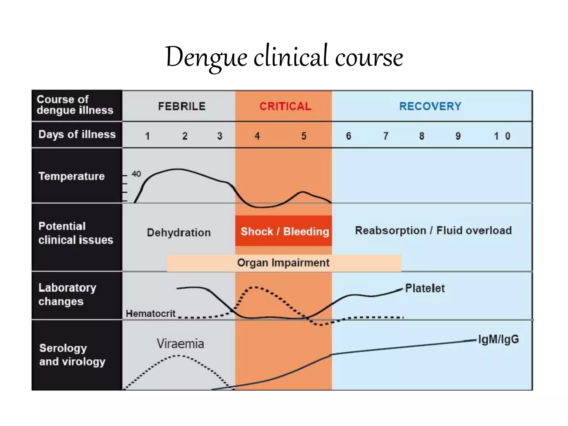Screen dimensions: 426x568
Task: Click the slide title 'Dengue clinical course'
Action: pos(284,57)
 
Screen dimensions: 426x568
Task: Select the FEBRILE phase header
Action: pos(182,106)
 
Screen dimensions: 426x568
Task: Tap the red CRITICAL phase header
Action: pos(285,106)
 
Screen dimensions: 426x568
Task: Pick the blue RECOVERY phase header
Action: pos(430,106)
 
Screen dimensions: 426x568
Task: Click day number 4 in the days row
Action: pos(257,136)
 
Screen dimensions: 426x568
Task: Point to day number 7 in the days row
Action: pos(386,136)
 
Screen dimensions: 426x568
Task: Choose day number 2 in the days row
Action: pos(185,136)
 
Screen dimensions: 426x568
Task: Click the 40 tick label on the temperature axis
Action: pos(136,174)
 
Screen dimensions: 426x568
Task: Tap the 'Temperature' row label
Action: pos(72,176)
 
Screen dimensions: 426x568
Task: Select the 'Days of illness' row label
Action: pos(77,134)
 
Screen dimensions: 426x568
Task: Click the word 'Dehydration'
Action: pos(179,232)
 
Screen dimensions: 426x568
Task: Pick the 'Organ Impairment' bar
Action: pos(283,263)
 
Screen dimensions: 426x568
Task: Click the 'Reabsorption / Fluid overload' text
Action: pos(433,230)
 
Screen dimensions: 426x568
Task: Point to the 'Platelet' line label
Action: pos(425,288)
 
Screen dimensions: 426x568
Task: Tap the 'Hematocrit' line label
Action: pos(151,313)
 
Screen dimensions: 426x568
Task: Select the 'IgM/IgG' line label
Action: pos(498,339)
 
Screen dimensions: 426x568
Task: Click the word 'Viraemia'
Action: pos(180,344)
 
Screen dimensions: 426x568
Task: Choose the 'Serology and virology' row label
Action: pos(72,355)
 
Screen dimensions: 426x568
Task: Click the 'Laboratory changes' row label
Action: pos(67,294)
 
